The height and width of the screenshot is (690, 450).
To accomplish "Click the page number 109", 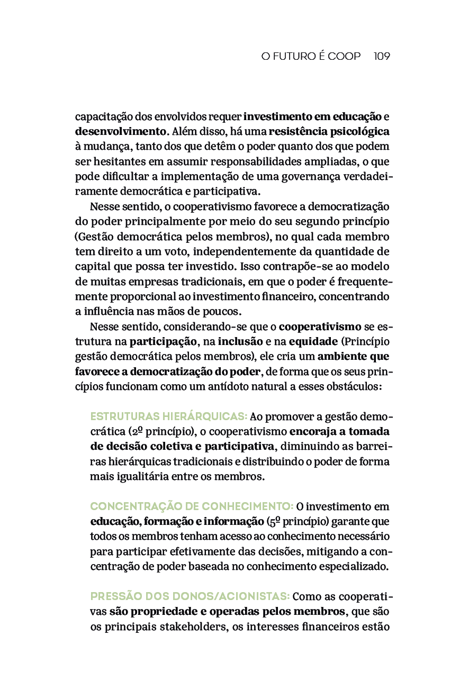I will click(x=382, y=56).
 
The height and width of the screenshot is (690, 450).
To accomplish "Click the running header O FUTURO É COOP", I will click(x=311, y=56).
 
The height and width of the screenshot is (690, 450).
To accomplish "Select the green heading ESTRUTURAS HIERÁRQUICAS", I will click(x=169, y=416).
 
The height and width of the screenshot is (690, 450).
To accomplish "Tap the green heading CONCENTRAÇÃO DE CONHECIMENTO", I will click(x=192, y=506).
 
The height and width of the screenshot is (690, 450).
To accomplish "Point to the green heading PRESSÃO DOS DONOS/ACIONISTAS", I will click(x=190, y=597).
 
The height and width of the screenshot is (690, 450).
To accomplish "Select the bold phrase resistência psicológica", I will click(x=329, y=131).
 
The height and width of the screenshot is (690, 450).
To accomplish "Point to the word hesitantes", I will click(x=115, y=161).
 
